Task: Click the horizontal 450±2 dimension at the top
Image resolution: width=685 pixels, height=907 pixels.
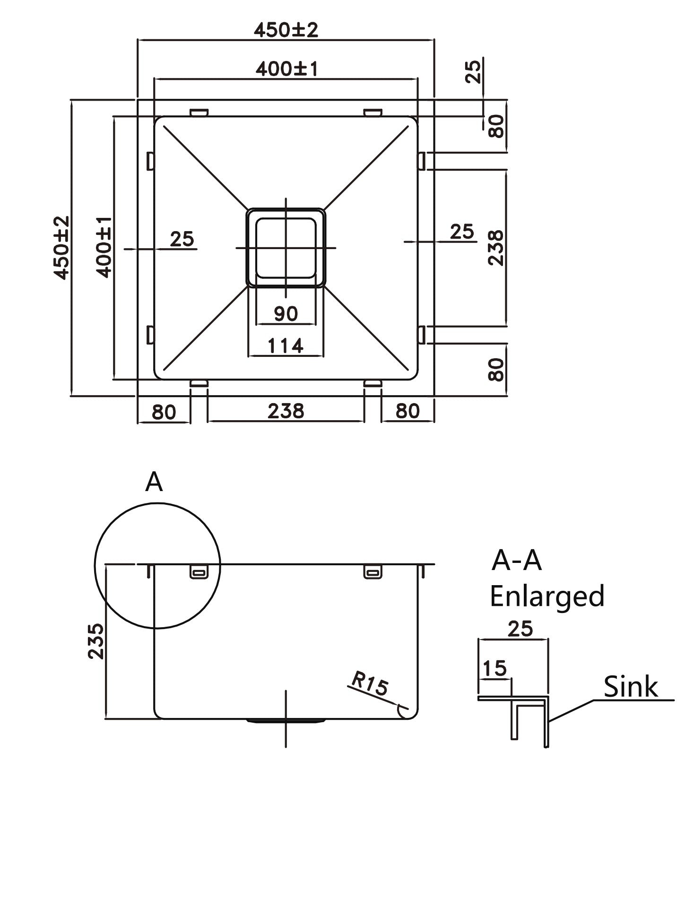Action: point(286,30)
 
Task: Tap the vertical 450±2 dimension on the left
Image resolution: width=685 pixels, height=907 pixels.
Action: point(61,248)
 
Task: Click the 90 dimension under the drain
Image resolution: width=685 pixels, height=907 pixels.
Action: point(286,313)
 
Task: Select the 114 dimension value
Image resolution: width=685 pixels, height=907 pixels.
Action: point(286,346)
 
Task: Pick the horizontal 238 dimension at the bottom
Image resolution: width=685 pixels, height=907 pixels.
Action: point(286,411)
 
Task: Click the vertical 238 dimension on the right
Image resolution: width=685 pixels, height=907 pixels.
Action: point(496,248)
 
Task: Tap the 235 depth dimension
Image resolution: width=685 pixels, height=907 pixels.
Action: point(96,641)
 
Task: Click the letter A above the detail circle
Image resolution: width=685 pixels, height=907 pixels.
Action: point(154,483)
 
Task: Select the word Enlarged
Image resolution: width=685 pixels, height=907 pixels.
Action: point(547,596)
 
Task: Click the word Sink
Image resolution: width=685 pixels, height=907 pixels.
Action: point(631,687)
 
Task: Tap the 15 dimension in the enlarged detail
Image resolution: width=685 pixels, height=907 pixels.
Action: point(494,668)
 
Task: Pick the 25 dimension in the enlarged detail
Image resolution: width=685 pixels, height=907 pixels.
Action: point(520,629)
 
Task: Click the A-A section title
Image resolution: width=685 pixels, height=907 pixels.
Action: point(516,561)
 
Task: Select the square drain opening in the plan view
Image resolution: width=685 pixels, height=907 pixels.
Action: point(286,247)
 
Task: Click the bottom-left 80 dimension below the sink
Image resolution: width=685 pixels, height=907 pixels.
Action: point(164,412)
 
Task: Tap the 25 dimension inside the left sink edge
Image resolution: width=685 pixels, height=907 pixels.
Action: point(182,239)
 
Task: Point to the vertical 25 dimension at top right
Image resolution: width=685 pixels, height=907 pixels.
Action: point(473,71)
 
